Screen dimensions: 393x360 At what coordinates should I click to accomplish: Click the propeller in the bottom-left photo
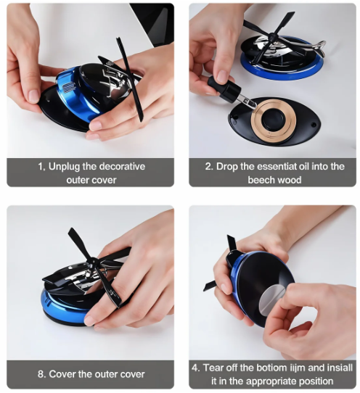91,265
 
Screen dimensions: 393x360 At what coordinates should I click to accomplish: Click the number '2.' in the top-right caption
209,166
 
